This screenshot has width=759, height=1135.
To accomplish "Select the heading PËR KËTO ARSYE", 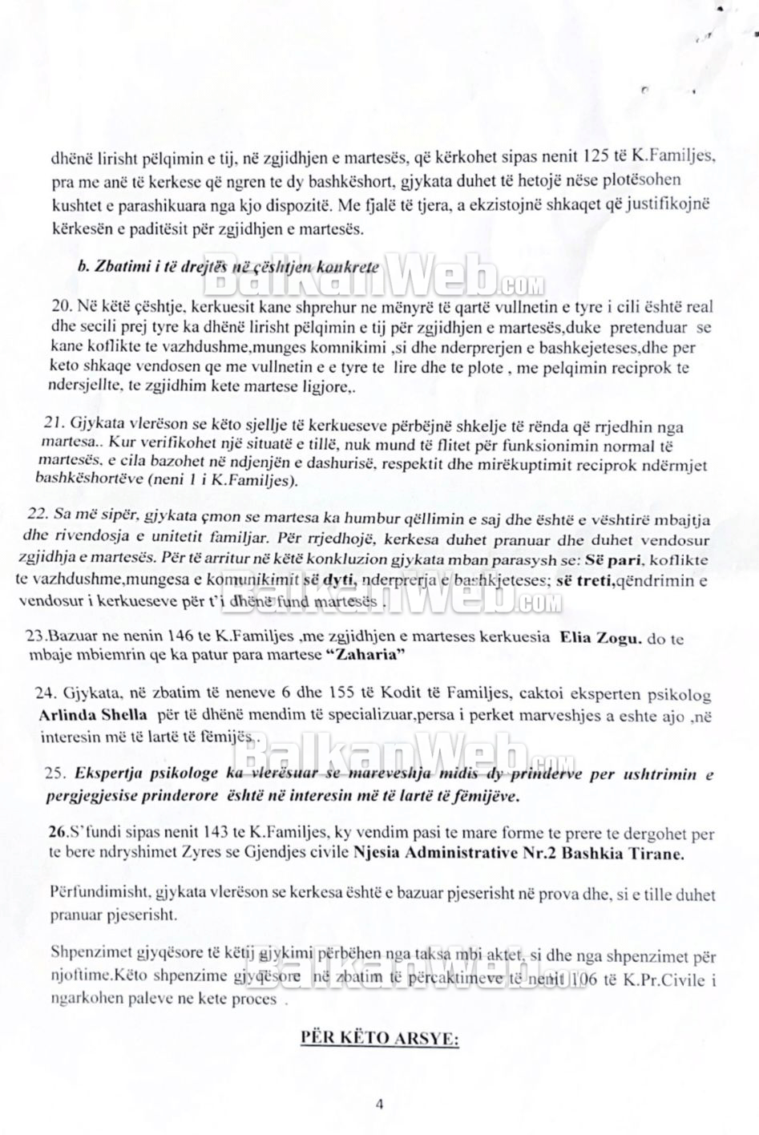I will pos(379,1040).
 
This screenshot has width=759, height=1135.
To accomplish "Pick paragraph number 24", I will pos(46,695).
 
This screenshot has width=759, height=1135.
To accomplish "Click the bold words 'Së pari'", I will pos(619,558).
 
